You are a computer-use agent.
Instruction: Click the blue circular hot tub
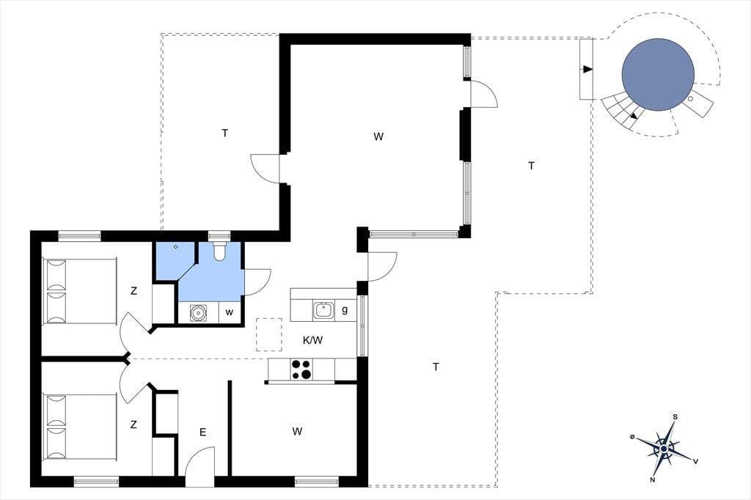[658, 75]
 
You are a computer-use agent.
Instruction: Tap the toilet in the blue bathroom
[219, 251]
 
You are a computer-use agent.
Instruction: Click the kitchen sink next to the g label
[324, 311]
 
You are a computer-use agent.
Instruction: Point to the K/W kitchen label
[312, 340]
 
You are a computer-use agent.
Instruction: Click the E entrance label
[202, 433]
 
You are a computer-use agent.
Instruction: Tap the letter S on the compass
[675, 416]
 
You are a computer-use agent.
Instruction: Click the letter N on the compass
[653, 479]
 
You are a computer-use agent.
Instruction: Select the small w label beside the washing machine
[230, 312]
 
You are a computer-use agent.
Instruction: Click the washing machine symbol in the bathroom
[198, 313]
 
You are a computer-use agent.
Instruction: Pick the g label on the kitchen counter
[345, 310]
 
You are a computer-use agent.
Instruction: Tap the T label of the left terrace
[225, 133]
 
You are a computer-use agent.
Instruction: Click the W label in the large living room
[378, 136]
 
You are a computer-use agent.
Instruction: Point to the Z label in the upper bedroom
[133, 291]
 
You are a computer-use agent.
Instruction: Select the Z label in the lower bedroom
[133, 424]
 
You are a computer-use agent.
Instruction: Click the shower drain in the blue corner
[176, 246]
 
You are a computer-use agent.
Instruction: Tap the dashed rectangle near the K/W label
[269, 335]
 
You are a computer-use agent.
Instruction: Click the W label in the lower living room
[297, 432]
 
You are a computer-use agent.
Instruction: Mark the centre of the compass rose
[664, 449]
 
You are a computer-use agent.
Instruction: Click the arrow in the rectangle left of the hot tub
[587, 70]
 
